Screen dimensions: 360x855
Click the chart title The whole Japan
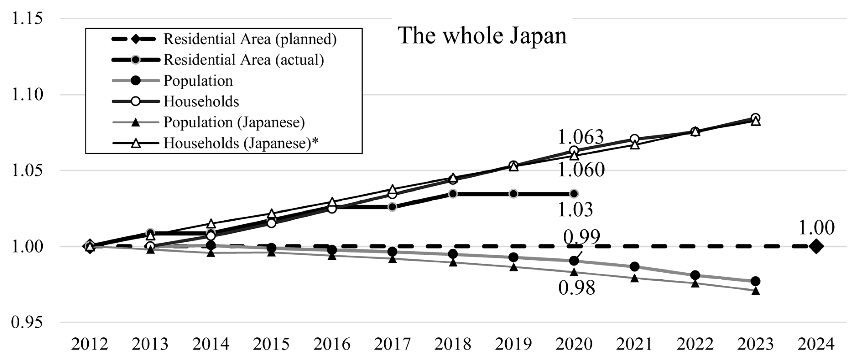coord(482,36)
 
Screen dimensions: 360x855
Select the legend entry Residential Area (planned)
coord(250,39)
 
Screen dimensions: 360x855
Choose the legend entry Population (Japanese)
coord(234,122)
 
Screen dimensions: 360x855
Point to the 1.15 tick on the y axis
coord(27,18)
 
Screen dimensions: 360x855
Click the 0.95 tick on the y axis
coord(27,322)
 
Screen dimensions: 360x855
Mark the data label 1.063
coord(581,137)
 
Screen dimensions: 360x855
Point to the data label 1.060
coord(581,170)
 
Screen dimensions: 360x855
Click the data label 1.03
coord(575,210)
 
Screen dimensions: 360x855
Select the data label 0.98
coord(577,288)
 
